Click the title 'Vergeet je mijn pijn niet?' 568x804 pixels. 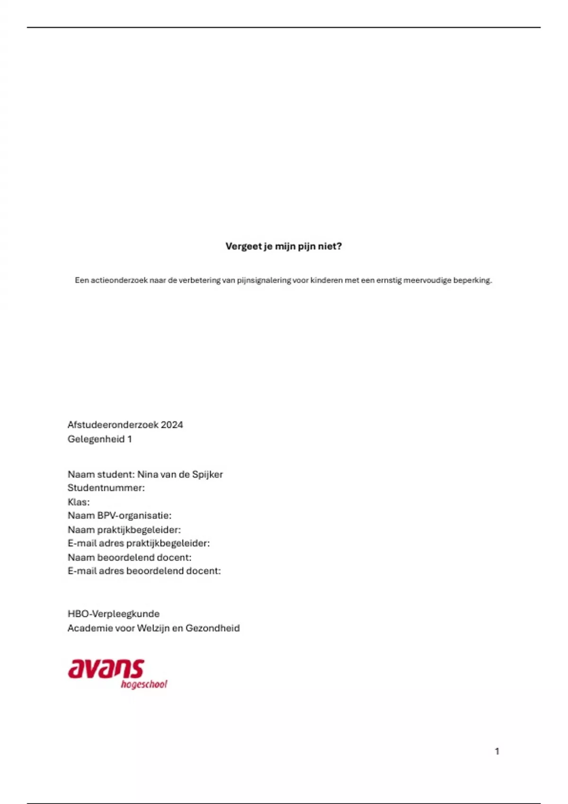pyautogui.click(x=284, y=246)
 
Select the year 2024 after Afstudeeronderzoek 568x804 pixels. pyautogui.click(x=172, y=425)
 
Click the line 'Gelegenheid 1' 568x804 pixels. pyautogui.click(x=99, y=439)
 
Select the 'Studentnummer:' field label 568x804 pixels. pyautogui.click(x=106, y=488)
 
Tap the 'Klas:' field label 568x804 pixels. pyautogui.click(x=79, y=502)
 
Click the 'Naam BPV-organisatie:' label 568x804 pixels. pyautogui.click(x=119, y=516)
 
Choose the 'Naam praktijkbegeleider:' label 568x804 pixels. pyautogui.click(x=124, y=530)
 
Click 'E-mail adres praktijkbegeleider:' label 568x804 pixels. pyautogui.click(x=138, y=543)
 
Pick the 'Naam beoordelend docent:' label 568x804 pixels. pyautogui.click(x=129, y=557)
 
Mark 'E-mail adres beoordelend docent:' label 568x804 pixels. pyautogui.click(x=144, y=571)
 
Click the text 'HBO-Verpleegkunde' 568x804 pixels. pyautogui.click(x=114, y=614)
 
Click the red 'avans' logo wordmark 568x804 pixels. pyautogui.click(x=106, y=669)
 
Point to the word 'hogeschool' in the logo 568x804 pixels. pyautogui.click(x=144, y=684)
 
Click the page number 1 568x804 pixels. pyautogui.click(x=497, y=751)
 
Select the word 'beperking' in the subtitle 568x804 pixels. pyautogui.click(x=472, y=280)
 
